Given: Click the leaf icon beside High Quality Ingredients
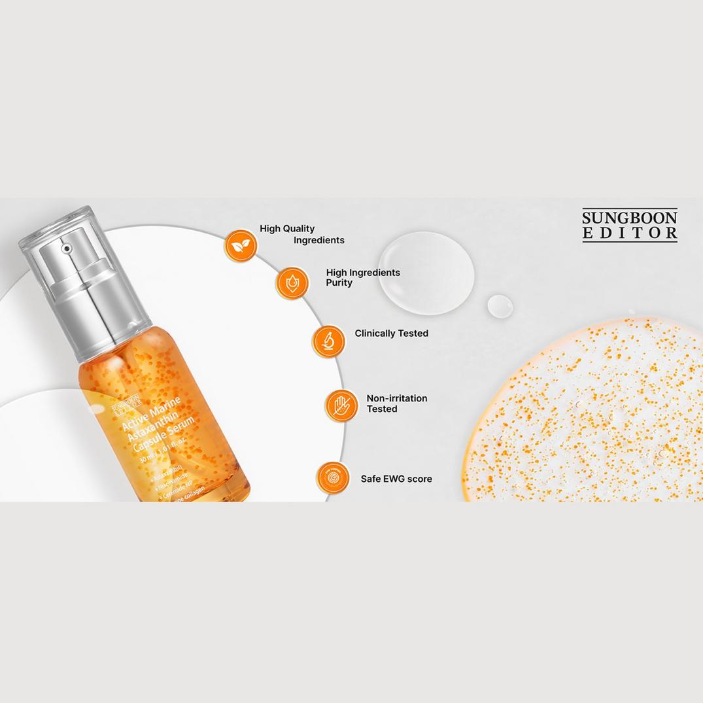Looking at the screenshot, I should pyautogui.click(x=241, y=246).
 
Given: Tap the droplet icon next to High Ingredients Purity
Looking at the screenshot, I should pyautogui.click(x=292, y=283).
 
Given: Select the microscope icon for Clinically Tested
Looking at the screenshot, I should pyautogui.click(x=328, y=341).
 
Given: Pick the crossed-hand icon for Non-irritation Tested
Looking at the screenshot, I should pyautogui.click(x=341, y=405).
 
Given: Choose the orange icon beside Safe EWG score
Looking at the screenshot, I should pyautogui.click(x=333, y=478).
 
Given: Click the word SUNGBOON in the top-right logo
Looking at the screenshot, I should pyautogui.click(x=630, y=218).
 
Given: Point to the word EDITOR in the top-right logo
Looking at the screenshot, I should pyautogui.click(x=630, y=233).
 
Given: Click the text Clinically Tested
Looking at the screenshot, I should pyautogui.click(x=391, y=334).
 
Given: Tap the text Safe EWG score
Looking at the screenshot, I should pyautogui.click(x=396, y=479).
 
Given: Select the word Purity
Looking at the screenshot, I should pyautogui.click(x=339, y=283).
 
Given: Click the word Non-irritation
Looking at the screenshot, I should pyautogui.click(x=396, y=398).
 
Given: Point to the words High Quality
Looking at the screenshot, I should pyautogui.click(x=287, y=229).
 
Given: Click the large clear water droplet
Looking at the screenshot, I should pyautogui.click(x=426, y=274).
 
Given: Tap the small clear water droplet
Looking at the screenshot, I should pyautogui.click(x=500, y=306).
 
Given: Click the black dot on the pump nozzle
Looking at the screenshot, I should pyautogui.click(x=66, y=249).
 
